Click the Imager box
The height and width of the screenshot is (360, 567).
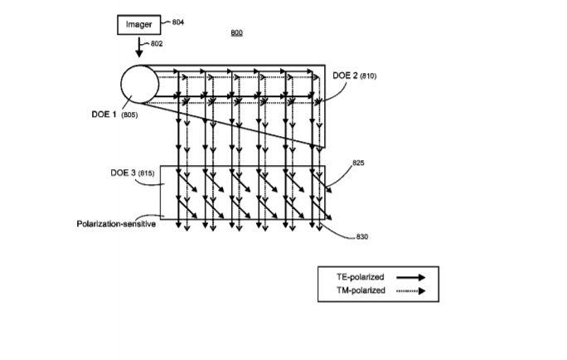139,25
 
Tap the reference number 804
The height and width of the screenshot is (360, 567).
178,22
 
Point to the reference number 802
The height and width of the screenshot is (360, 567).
157,44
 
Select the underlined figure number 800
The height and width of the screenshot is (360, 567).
236,32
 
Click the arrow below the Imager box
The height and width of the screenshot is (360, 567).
139,47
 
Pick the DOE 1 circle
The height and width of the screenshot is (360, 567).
139,66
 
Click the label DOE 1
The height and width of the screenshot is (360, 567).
104,114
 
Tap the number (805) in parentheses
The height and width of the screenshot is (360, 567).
129,115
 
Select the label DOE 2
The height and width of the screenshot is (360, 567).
345,75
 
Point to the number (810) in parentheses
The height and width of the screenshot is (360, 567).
368,76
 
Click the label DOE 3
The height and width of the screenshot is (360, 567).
123,173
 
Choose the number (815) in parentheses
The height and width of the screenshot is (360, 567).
146,173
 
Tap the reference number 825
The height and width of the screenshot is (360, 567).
358,163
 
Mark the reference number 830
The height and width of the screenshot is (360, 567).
362,237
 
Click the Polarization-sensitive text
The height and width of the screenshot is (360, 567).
116,224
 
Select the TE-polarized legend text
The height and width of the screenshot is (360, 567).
360,277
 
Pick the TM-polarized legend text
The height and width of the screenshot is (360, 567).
361,290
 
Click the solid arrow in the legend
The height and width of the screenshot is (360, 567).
411,278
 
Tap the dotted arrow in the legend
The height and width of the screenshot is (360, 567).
411,291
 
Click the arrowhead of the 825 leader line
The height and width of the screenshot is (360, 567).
328,190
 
